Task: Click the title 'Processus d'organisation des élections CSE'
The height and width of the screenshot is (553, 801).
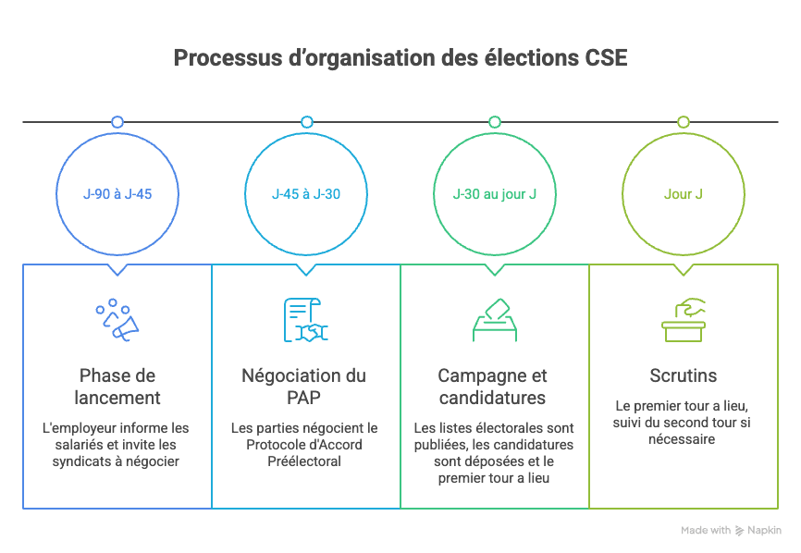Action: (400, 58)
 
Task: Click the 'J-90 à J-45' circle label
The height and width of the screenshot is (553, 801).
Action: (117, 194)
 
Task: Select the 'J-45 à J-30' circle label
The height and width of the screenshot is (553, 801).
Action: (306, 194)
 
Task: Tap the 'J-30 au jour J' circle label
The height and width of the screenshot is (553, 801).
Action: (495, 194)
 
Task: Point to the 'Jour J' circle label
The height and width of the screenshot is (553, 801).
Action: (684, 194)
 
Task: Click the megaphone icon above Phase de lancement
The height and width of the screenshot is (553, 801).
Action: (117, 319)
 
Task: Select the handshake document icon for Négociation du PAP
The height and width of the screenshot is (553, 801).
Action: (306, 319)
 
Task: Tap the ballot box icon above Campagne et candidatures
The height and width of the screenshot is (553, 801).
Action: (495, 319)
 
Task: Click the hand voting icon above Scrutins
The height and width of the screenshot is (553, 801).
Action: (684, 319)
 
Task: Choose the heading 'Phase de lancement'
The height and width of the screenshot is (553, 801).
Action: (117, 387)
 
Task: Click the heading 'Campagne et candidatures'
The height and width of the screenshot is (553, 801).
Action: (492, 387)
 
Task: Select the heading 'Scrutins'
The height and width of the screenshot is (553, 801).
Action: (684, 376)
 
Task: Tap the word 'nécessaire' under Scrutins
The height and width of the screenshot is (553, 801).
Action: (683, 439)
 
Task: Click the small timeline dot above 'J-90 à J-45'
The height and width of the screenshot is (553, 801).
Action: (117, 122)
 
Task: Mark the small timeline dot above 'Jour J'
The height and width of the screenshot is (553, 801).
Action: (684, 122)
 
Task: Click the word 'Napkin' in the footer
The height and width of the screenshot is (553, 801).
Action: (765, 531)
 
